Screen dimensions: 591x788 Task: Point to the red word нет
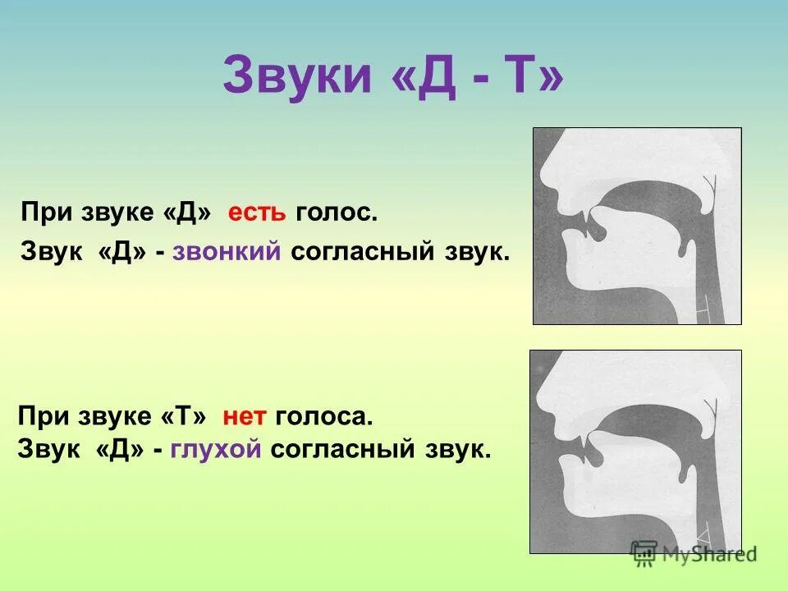(x=245, y=418)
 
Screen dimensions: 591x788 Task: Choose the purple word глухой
(x=217, y=449)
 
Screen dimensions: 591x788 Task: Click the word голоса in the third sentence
(x=324, y=418)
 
